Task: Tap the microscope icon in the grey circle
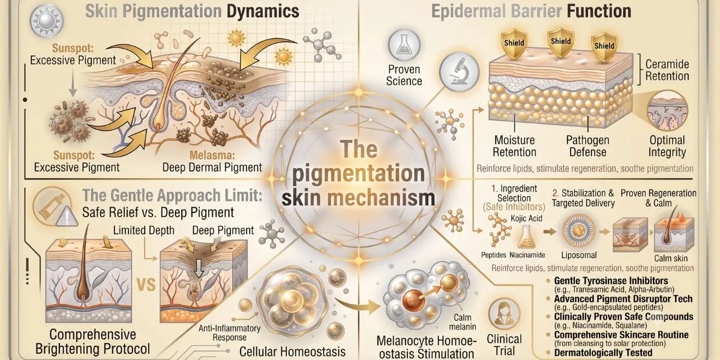click(459, 72)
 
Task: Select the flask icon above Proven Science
click(404, 46)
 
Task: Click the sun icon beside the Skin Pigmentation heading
click(47, 20)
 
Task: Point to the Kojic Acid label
click(527, 218)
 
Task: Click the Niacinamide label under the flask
click(527, 255)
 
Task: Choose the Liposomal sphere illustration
click(578, 230)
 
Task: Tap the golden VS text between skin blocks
click(146, 285)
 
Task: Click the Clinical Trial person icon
click(503, 314)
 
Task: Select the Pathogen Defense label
click(587, 146)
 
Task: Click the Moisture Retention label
click(514, 146)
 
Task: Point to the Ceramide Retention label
click(667, 70)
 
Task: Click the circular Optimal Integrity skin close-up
click(667, 110)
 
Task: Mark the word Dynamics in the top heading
click(263, 11)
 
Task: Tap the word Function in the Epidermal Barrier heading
click(599, 11)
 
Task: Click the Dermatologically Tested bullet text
click(603, 353)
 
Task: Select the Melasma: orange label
click(212, 155)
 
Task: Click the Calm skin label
click(671, 259)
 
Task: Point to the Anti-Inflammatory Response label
click(229, 332)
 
